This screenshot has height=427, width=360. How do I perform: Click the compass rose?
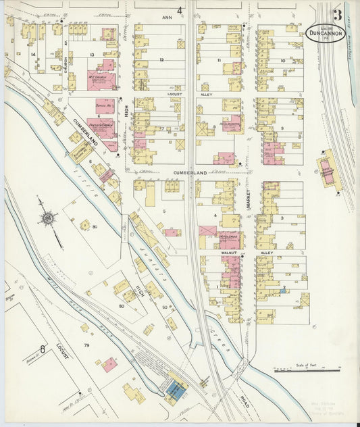point(48,218)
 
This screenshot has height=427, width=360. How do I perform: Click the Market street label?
point(248,197)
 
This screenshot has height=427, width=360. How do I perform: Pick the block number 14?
point(32,54)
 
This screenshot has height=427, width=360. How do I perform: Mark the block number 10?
point(282,61)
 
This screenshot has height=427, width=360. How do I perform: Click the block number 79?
point(86,346)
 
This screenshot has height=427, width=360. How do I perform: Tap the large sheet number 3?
point(336,14)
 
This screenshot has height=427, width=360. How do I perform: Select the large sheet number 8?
point(43,349)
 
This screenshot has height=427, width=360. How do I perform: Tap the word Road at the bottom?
point(244,400)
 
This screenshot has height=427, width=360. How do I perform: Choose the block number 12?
point(161,60)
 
